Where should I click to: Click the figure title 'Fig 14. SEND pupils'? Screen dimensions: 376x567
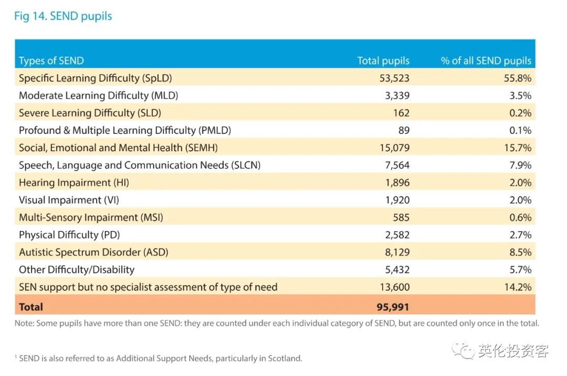pos(63,16)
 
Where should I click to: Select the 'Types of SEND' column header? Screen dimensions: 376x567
pos(51,60)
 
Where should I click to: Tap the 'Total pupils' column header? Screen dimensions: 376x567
pos(383,60)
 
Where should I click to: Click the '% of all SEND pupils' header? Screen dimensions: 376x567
pos(486,60)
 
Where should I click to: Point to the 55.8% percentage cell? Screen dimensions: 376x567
pos(518,78)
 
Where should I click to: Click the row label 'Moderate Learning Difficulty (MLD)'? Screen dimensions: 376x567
pos(99,96)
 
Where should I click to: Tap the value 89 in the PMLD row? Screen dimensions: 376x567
pos(403,130)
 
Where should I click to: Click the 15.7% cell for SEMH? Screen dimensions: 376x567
pos(518,148)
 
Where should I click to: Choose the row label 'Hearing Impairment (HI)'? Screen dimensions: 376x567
pos(74,183)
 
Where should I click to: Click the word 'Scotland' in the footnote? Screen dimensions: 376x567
pos(285,359)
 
